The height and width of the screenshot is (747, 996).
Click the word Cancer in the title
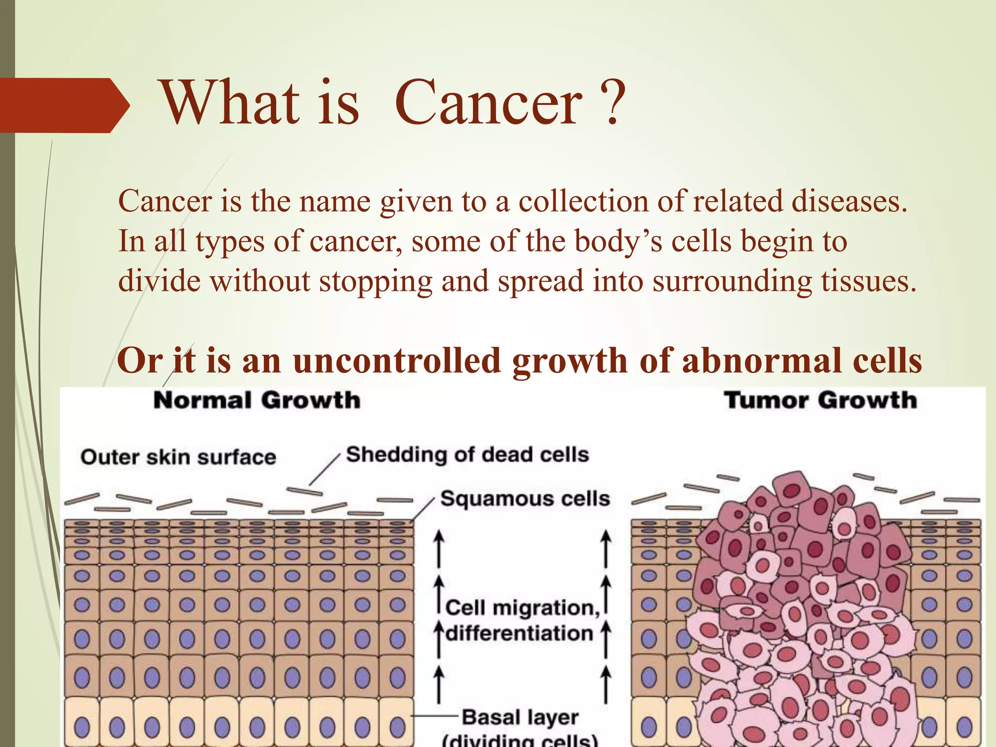pos(488,103)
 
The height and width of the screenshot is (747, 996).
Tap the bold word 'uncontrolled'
pos(397,361)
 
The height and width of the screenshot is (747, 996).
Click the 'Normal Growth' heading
pos(257,401)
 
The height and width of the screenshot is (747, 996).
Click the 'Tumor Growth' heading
pos(820,401)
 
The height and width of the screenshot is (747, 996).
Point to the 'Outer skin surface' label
pos(178,457)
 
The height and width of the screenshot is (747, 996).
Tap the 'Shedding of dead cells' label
pos(467,455)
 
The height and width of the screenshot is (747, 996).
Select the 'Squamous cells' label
pos(525,499)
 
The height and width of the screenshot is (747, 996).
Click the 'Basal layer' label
pos(520,717)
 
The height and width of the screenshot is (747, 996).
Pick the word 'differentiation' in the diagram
pos(519,634)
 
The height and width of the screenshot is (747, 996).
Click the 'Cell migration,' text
pos(523,608)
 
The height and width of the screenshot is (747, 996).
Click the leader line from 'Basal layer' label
pos(435,715)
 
